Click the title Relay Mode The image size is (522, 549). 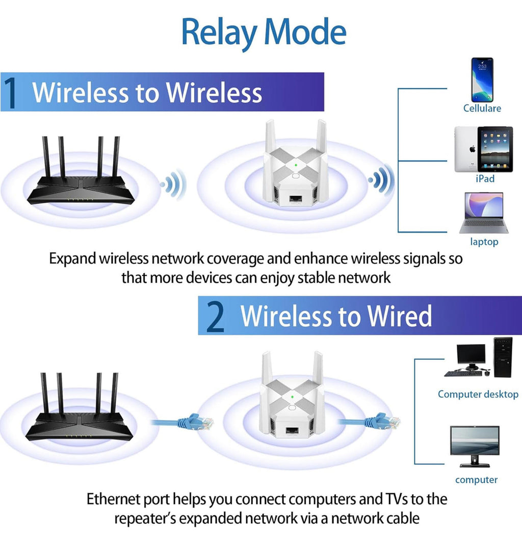coord(264,32)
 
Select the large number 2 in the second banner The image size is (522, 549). coord(216,317)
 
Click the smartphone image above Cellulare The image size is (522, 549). coord(482,80)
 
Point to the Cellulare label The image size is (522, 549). coord(482,108)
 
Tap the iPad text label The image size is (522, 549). coord(485,179)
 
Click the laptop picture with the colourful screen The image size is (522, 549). coord(484,213)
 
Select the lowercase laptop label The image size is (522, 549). coord(484,242)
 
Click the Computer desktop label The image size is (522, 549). coord(478,394)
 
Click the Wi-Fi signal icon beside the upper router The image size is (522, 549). coord(174,185)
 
